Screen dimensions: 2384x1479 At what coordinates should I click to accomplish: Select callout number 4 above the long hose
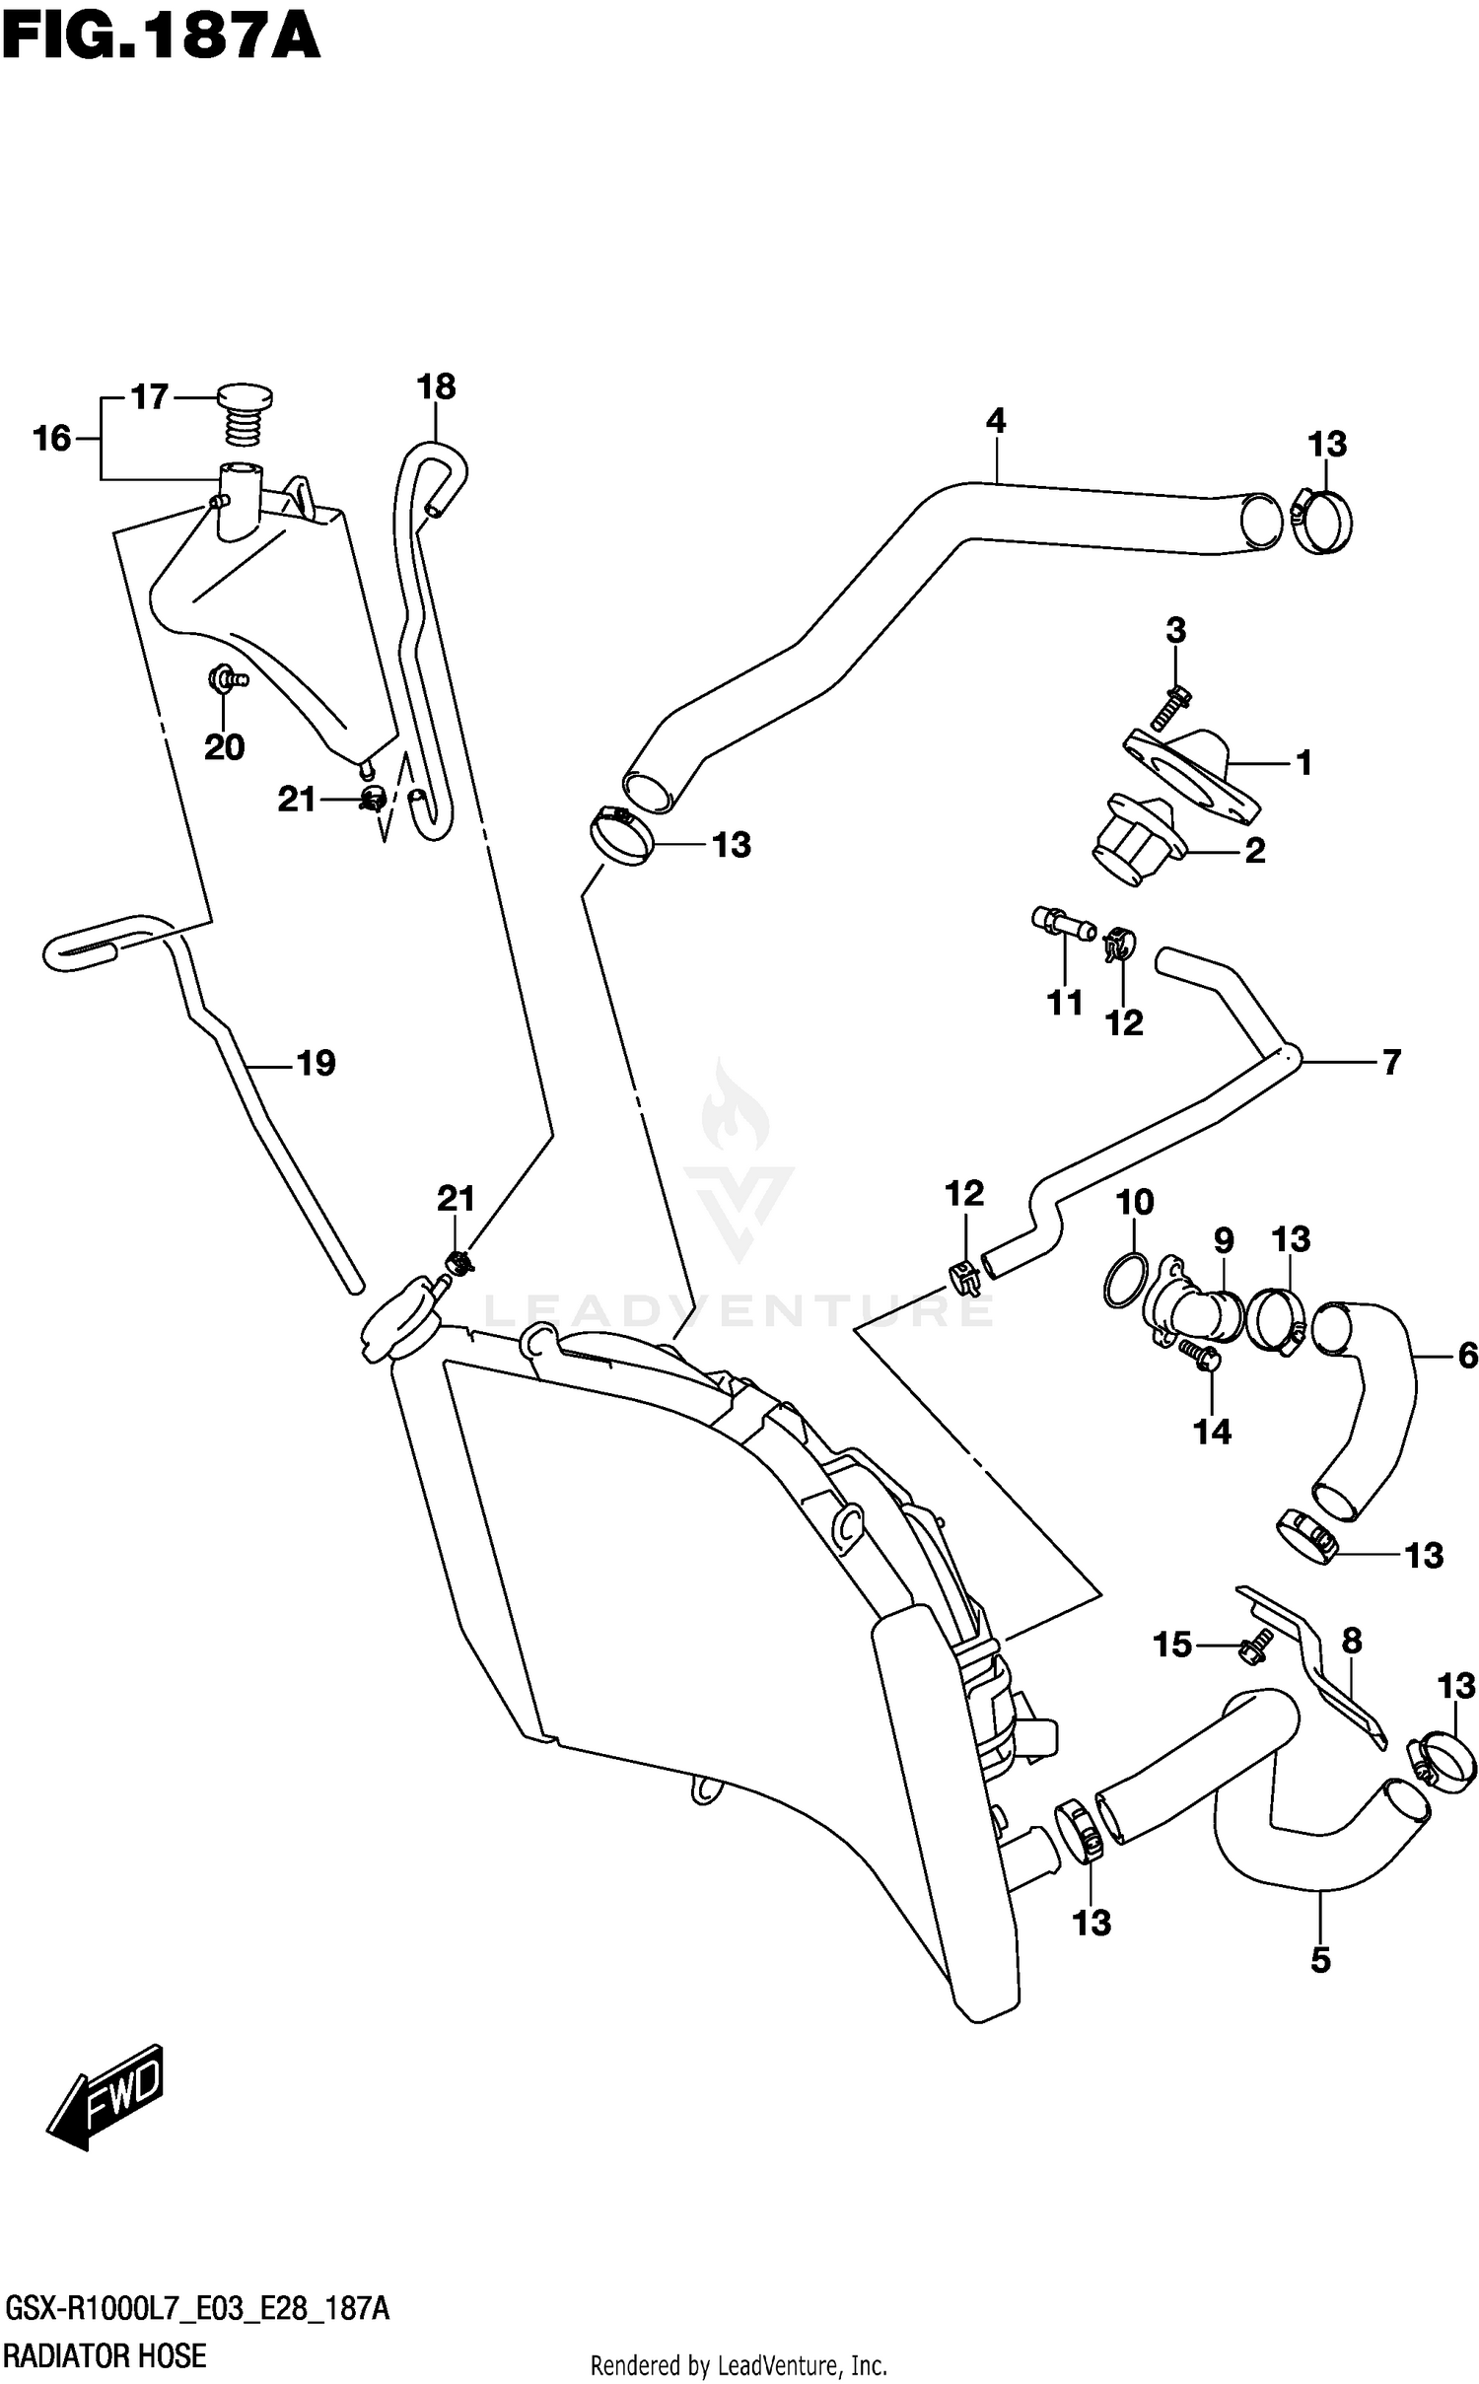click(x=995, y=421)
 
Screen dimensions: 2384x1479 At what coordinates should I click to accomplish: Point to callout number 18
click(x=436, y=386)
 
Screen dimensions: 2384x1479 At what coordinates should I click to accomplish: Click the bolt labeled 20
click(x=227, y=679)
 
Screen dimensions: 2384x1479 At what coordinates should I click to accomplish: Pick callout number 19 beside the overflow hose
click(x=316, y=1063)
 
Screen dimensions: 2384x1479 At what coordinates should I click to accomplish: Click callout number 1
click(x=1303, y=762)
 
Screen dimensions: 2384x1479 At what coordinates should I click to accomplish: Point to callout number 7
click(x=1390, y=1062)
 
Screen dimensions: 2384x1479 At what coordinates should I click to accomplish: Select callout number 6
click(x=1467, y=1357)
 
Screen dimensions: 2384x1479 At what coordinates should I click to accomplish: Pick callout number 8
click(x=1351, y=1641)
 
